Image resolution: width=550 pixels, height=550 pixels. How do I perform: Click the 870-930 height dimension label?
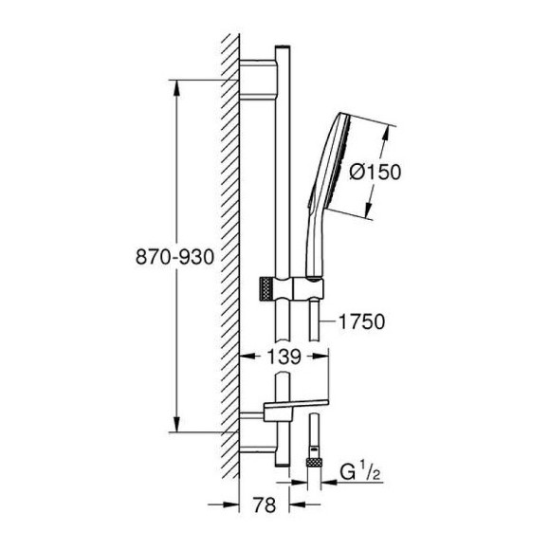coord(174,256)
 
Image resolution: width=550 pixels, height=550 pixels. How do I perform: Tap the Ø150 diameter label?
coord(375,173)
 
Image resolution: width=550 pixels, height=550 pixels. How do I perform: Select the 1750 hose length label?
coord(361,321)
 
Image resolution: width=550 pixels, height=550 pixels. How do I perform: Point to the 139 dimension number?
coord(284,357)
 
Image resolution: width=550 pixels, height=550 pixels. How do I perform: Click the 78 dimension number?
coord(265,505)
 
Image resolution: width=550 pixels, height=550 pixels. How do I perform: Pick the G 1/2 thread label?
coord(360,472)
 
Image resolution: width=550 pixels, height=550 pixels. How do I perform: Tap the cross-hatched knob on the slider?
coord(266,288)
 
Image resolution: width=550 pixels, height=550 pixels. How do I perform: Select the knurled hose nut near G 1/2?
coord(314,462)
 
